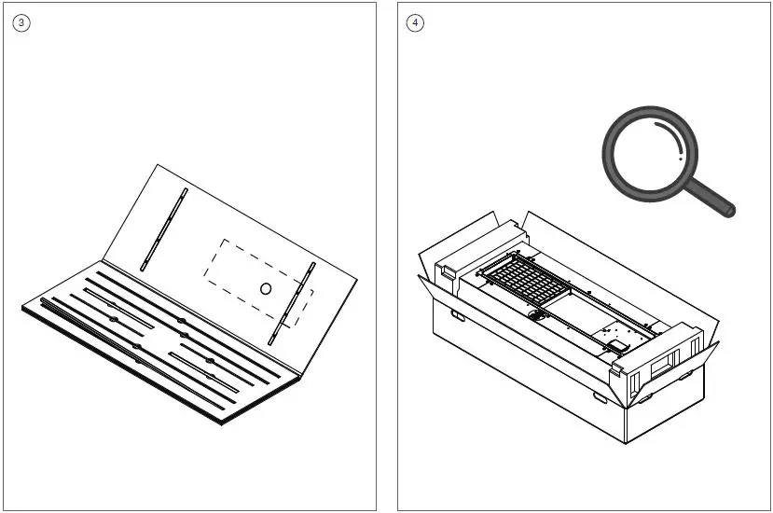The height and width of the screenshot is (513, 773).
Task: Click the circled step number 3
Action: point(21,23)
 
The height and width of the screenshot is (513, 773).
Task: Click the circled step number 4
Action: point(415,23)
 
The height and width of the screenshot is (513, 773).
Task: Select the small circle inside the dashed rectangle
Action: point(265,289)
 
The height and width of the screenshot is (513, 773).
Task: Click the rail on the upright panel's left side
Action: point(163,229)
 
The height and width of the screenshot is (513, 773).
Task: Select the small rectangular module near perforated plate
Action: point(618,346)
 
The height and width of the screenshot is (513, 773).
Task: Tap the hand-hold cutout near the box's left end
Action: point(457,315)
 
